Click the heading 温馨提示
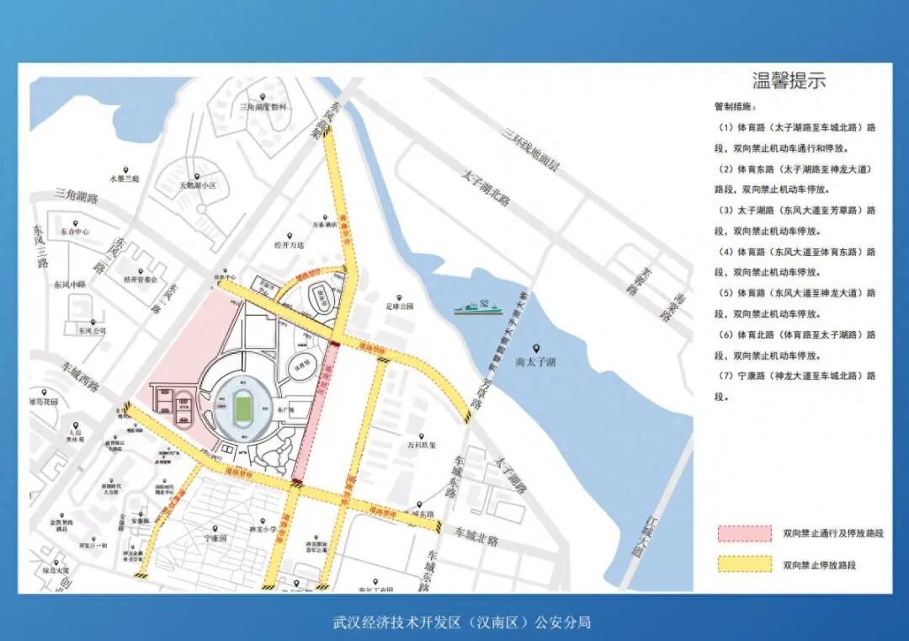(788, 81)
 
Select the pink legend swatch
(744, 533)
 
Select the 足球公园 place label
(400, 307)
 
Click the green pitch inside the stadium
(243, 409)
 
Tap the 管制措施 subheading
(735, 107)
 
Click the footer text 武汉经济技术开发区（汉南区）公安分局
(461, 622)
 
